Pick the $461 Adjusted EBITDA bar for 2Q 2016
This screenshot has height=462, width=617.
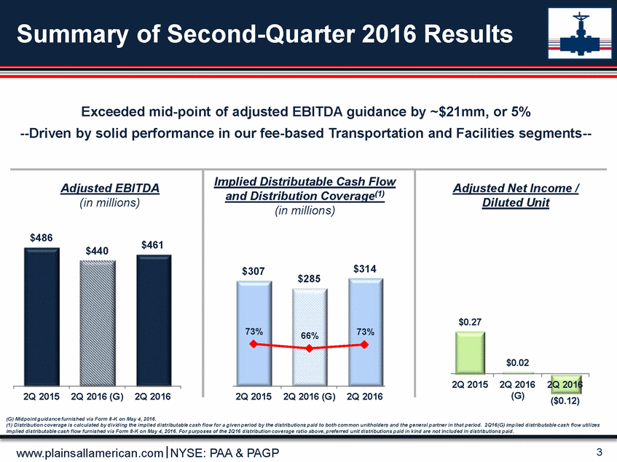point(153,320)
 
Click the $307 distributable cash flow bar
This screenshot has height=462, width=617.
point(253,332)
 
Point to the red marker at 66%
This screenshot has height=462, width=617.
point(309,349)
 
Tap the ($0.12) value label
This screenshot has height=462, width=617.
point(566,399)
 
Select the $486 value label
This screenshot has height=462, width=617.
point(42,238)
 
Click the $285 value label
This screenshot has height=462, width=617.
point(309,279)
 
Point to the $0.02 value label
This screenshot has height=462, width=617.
point(518,362)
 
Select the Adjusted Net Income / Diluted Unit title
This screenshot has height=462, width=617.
point(516,196)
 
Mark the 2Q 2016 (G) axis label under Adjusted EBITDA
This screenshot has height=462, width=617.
point(98,397)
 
